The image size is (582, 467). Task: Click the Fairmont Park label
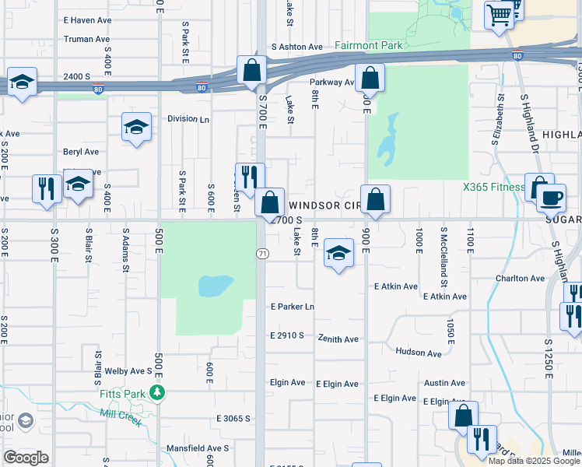tap(369, 45)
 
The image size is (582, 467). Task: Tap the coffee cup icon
tap(551, 198)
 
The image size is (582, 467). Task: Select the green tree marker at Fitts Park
tap(158, 392)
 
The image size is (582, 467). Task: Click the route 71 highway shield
tap(262, 254)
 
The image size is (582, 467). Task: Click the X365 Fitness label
tap(493, 187)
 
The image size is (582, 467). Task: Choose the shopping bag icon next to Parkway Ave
tap(370, 78)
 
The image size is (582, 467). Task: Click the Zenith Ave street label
tap(338, 339)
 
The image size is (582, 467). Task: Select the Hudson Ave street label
tap(419, 353)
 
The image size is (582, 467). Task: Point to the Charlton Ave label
tap(521, 278)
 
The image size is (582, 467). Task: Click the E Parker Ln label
tap(292, 307)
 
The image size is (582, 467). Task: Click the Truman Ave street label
tap(86, 39)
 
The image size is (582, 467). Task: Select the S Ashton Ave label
tap(297, 47)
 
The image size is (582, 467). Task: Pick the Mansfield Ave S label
tap(198, 448)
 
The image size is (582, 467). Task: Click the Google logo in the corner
tap(26, 457)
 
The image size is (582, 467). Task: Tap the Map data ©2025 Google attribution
tap(533, 461)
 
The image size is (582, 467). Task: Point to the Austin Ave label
tap(444, 383)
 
